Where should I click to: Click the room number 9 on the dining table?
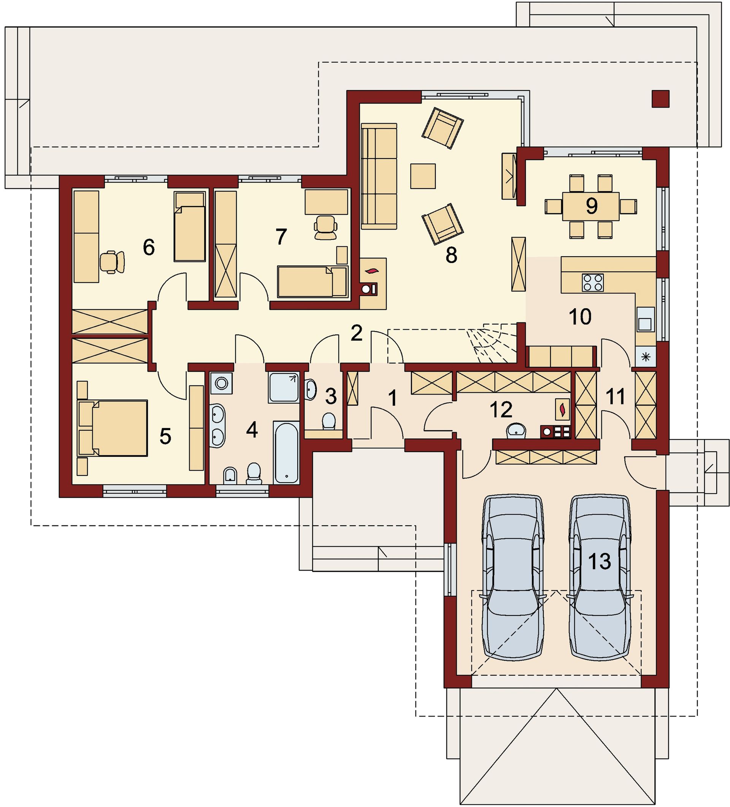click(x=592, y=206)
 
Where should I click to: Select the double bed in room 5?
click(x=113, y=428)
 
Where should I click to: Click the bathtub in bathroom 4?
click(x=287, y=452)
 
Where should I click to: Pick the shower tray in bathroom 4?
click(x=284, y=387)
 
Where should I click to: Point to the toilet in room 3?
click(x=329, y=422)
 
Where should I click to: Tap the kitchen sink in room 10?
click(x=645, y=319)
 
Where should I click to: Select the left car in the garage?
click(x=514, y=578)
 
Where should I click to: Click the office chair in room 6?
click(x=112, y=262)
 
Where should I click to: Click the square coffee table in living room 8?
click(x=422, y=176)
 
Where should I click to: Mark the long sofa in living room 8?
click(x=379, y=176)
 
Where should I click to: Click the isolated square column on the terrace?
click(x=660, y=98)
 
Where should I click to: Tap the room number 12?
click(x=501, y=409)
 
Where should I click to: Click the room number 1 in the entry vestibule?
click(x=393, y=398)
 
